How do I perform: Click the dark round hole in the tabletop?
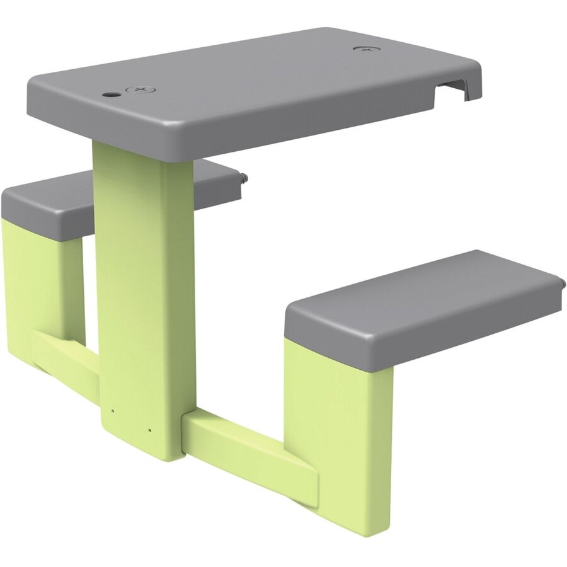(x=111, y=94)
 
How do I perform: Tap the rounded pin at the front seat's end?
(x=560, y=283)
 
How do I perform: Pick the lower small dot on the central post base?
(x=149, y=431)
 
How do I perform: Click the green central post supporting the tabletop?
(x=142, y=283)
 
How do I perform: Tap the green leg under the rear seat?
(x=38, y=277)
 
